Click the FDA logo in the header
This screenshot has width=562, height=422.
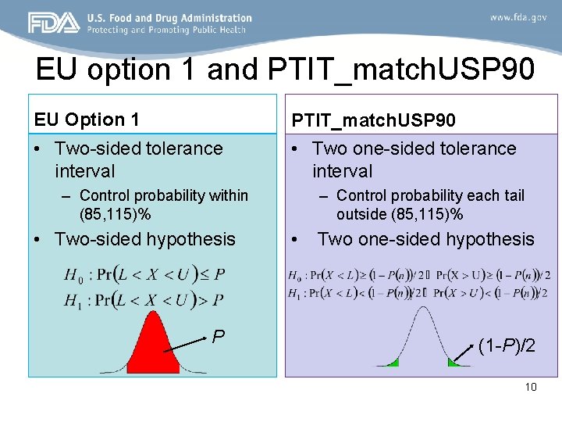53,23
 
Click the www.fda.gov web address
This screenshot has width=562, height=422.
518,17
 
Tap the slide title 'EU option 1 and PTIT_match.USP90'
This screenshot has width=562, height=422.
286,70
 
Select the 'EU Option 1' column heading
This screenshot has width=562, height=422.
87,120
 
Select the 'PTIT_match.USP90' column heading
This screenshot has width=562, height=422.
374,120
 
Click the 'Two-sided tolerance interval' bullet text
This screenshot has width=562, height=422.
138,159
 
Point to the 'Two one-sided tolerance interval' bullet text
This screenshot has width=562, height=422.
414,159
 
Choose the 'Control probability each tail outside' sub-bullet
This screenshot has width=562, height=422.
430,205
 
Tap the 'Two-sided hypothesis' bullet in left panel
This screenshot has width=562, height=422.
144,239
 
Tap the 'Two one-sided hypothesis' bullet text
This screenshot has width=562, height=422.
425,239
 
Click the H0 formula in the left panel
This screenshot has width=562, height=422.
145,275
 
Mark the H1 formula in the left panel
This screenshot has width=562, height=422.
145,299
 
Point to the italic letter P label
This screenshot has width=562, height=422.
219,337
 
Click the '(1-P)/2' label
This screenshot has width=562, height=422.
507,345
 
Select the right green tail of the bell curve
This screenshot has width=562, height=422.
454,362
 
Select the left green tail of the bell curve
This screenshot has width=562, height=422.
389,362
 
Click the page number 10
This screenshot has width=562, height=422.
531,387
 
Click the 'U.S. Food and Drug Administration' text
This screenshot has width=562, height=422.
169,17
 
